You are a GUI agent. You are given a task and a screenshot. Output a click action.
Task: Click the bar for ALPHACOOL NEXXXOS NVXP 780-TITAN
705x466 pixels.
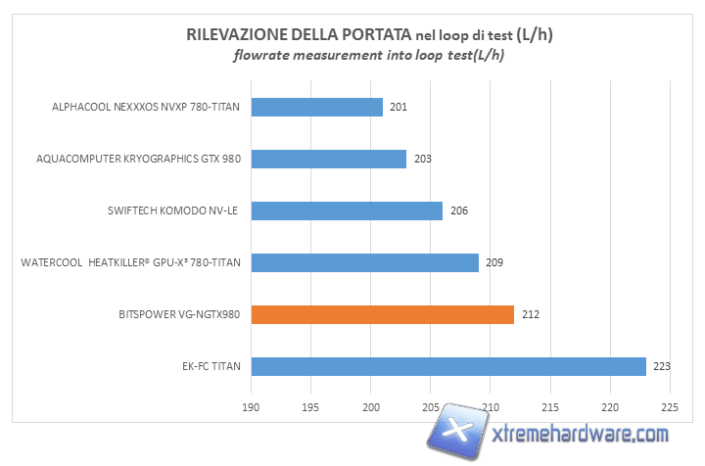316,107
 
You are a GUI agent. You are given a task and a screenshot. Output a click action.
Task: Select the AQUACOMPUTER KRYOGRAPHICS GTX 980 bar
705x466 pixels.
328,159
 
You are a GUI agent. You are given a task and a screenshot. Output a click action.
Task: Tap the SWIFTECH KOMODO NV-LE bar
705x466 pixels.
347,210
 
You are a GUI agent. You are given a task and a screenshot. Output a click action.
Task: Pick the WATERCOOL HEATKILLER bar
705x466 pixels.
364,262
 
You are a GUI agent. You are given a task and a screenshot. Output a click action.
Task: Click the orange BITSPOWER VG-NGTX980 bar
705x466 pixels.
382,314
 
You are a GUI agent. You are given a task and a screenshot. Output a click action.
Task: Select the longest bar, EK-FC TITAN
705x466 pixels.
448,366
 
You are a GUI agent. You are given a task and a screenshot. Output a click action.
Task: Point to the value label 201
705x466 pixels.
399,107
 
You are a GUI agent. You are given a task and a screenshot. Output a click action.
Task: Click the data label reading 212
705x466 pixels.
530,315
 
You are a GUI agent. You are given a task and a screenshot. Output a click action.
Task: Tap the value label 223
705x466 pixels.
662,367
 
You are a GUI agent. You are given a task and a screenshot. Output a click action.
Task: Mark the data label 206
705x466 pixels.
458,210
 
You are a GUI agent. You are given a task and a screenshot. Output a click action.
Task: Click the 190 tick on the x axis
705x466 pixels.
252,406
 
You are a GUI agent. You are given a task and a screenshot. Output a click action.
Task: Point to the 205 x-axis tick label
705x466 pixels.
431,406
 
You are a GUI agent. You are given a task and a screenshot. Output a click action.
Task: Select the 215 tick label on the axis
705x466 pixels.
550,406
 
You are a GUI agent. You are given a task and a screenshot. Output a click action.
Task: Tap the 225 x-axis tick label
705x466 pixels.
670,406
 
